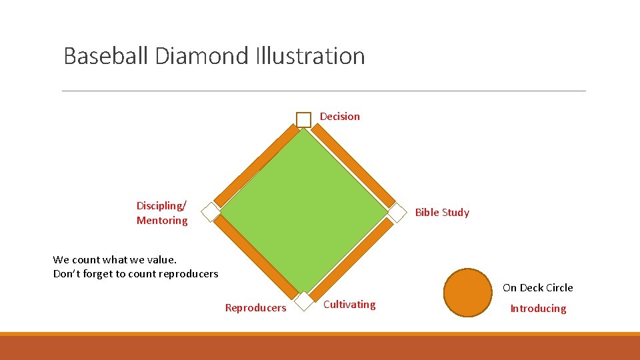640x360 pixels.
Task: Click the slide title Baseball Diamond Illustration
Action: tap(214, 55)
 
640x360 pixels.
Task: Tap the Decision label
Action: tap(339, 116)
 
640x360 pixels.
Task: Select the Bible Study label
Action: tap(441, 212)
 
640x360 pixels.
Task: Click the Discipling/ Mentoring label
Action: tap(162, 213)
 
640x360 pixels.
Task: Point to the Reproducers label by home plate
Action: tap(255, 307)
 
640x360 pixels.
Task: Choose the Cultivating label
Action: tap(349, 305)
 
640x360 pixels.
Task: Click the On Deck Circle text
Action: tap(537, 287)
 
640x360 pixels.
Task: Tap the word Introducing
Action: tap(538, 308)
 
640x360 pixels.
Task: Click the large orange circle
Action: tap(467, 292)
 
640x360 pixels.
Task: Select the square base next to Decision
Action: tap(303, 119)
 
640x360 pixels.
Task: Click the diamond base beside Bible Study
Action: tap(397, 212)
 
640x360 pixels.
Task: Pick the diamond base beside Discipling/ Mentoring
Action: tap(211, 212)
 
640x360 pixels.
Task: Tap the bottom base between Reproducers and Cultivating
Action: tap(304, 301)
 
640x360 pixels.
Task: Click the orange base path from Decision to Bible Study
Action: tap(353, 166)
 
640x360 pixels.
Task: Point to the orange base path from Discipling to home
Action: tap(255, 257)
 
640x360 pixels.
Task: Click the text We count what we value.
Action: tap(115, 259)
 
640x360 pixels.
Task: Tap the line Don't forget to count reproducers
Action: tap(135, 273)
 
